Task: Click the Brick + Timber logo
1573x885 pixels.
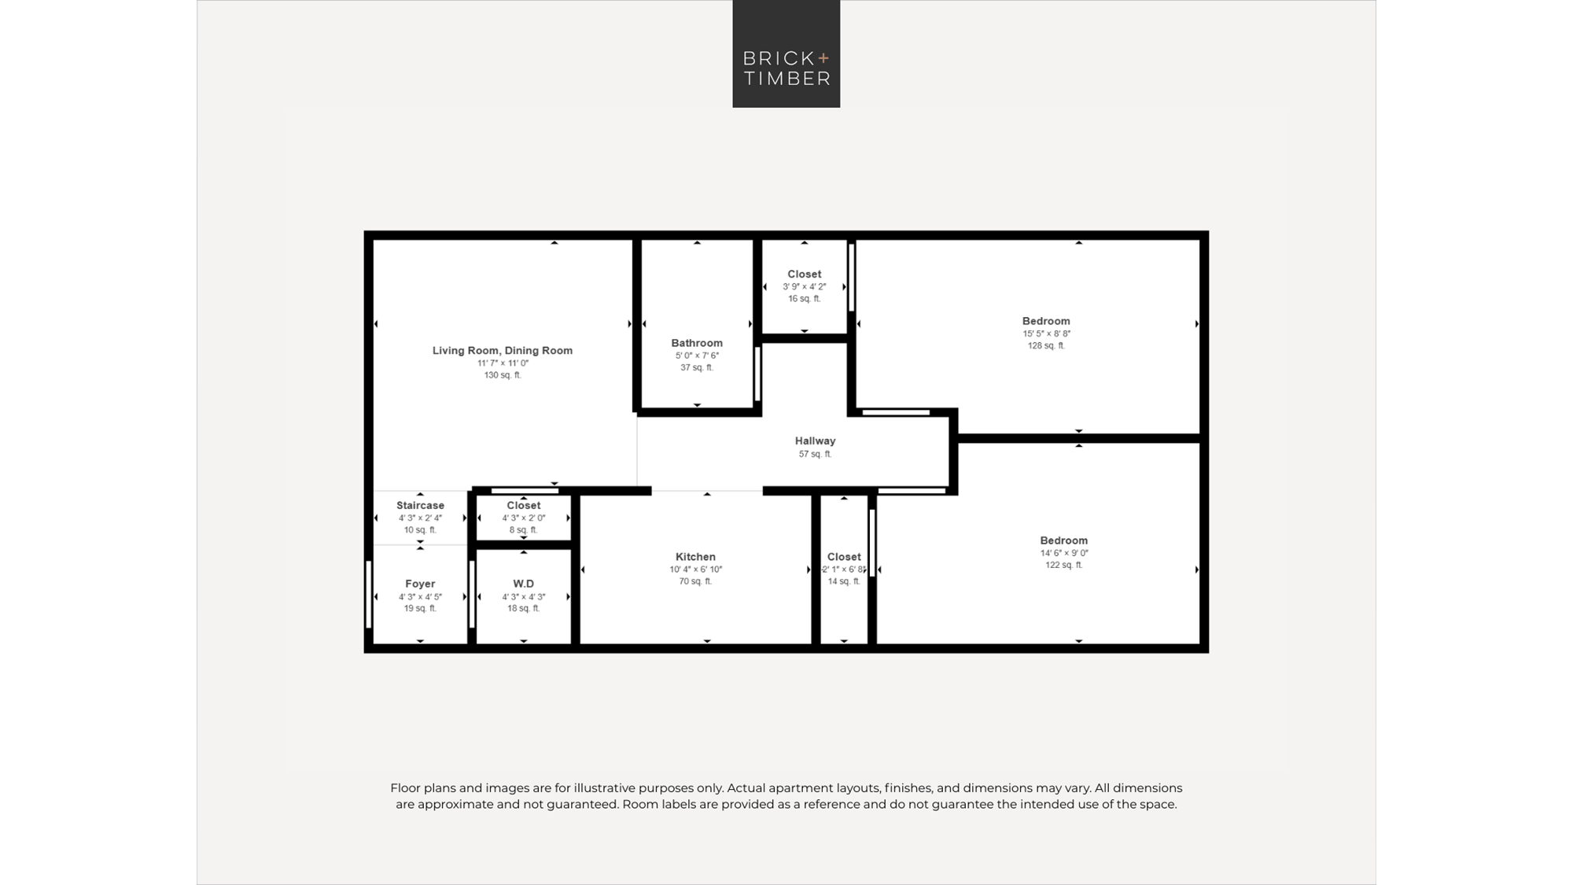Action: pos(786,53)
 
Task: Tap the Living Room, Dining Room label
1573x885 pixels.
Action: pos(503,351)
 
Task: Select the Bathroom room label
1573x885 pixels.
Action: pos(697,343)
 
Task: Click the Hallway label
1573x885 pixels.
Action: pos(815,441)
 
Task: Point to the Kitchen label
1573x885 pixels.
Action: pos(695,557)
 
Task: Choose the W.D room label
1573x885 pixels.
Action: pos(524,584)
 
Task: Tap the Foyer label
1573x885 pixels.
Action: pos(420,584)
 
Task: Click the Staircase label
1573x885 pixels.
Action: pos(420,506)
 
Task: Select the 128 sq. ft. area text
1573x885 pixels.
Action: pos(1046,345)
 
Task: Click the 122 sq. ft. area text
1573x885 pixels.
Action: pos(1064,565)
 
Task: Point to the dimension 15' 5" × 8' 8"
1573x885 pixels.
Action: pos(1046,334)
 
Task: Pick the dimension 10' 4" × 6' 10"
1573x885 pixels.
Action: pos(695,570)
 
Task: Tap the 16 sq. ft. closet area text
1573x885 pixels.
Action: pos(805,299)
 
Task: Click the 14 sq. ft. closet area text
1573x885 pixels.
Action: pos(844,581)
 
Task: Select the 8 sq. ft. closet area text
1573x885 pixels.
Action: pos(524,530)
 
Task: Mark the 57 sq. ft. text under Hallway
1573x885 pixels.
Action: pos(815,454)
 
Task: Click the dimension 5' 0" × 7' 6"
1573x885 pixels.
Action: pos(697,356)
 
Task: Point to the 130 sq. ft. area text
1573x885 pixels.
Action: pos(503,375)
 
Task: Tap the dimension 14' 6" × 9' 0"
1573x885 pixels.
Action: pos(1064,553)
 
